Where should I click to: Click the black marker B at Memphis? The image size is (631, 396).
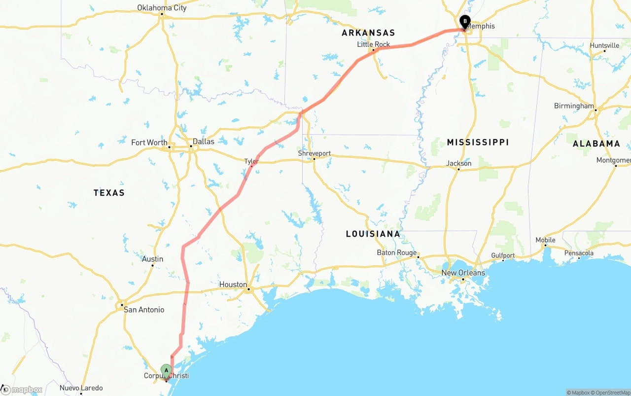coord(464,22)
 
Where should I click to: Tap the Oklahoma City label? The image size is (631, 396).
coord(162,7)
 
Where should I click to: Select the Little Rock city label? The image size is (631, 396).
coord(373,44)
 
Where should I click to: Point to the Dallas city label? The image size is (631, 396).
coord(203,142)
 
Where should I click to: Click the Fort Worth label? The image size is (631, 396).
coord(149,143)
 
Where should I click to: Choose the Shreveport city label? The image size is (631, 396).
coord(314,153)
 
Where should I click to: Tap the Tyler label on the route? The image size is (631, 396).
coord(251,161)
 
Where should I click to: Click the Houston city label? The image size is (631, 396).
coord(233,285)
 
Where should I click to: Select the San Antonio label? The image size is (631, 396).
coord(144,310)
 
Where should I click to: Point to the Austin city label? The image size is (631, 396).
coord(152,259)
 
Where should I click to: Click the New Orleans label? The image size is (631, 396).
coord(463,273)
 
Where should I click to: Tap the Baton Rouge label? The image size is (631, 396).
coord(397,252)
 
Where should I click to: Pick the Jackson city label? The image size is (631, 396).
coord(458,163)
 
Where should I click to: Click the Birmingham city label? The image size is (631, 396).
coord(574,106)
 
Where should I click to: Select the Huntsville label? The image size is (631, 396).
coord(604,45)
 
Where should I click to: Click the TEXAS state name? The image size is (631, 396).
coord(109,193)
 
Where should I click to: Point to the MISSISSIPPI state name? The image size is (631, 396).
coord(478,143)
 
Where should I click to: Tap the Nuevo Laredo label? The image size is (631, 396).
coord(81,388)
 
